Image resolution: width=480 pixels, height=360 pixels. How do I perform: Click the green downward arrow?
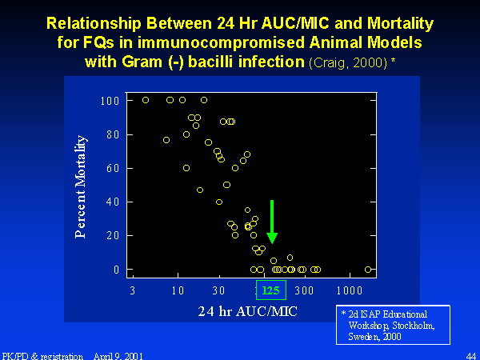pyautogui.click(x=272, y=222)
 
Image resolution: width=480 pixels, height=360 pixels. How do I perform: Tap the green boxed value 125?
pyautogui.click(x=271, y=290)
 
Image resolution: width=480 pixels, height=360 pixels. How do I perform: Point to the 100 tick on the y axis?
pyautogui.click(x=110, y=101)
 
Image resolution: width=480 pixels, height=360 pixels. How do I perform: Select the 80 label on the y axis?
pyautogui.click(x=113, y=134)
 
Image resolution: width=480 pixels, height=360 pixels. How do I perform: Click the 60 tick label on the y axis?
pyautogui.click(x=113, y=168)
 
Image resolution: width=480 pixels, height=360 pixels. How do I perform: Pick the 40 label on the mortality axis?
pyautogui.click(x=113, y=202)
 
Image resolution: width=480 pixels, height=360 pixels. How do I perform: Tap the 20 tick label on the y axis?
pyautogui.click(x=113, y=235)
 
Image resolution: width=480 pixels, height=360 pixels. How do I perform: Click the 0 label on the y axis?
pyautogui.click(x=116, y=270)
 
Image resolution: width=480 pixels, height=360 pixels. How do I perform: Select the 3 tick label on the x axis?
pyautogui.click(x=133, y=290)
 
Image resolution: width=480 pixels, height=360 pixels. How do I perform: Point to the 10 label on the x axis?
pyautogui.click(x=178, y=290)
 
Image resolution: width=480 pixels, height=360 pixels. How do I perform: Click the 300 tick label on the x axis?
pyautogui.click(x=304, y=290)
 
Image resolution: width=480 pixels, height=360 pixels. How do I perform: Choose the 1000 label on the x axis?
pyautogui.click(x=350, y=290)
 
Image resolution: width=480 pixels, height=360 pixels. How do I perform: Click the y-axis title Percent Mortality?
pyautogui.click(x=81, y=186)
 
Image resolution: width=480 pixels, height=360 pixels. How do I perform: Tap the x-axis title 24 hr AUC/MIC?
pyautogui.click(x=248, y=312)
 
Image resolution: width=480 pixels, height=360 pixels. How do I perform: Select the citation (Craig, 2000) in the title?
pyautogui.click(x=348, y=62)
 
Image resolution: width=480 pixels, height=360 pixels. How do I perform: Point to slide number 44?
pyautogui.click(x=471, y=356)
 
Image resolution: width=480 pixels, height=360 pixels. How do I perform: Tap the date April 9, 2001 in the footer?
pyautogui.click(x=118, y=356)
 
